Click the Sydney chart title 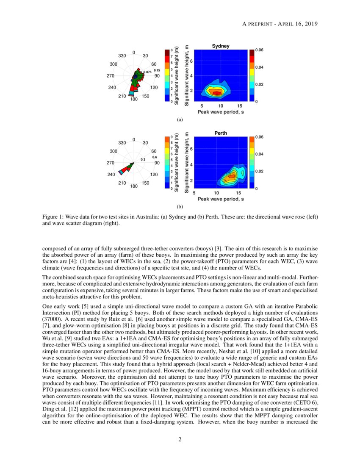(x=220, y=46)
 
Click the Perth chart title (x=220, y=133)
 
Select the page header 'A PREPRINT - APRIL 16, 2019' (x=280, y=23)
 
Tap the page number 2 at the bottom (x=180, y=439)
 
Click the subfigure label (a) (x=180, y=120)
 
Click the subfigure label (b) (x=180, y=207)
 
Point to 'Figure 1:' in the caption (x=53, y=217)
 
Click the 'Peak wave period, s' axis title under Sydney (x=220, y=112)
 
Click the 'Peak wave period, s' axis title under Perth (x=220, y=199)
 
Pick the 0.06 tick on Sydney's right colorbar (x=259, y=50)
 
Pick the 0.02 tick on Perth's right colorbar (x=259, y=171)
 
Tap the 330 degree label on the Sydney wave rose (x=122, y=56)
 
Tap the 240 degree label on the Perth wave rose (x=112, y=175)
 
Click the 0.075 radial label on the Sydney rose (x=147, y=72)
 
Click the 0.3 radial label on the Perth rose (x=143, y=159)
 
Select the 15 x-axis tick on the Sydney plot (x=239, y=106)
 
